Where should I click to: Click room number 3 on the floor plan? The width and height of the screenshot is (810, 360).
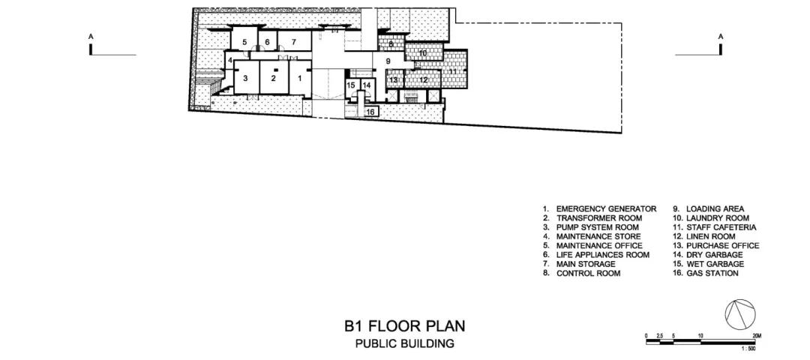click(246, 79)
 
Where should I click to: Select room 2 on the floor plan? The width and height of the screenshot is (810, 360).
click(274, 79)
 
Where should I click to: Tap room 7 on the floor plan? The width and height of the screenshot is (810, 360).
click(293, 41)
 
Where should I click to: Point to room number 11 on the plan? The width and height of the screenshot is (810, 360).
click(452, 70)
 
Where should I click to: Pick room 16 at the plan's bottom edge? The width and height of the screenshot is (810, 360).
click(370, 112)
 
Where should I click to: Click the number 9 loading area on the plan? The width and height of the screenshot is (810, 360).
click(388, 61)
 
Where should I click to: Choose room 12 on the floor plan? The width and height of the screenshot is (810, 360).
click(424, 79)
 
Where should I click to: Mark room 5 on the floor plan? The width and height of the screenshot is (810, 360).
click(244, 41)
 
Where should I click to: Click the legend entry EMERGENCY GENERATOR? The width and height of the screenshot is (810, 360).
click(606, 208)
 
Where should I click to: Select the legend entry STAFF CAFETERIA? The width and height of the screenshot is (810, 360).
click(721, 227)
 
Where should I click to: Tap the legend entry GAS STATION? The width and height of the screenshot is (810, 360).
click(712, 273)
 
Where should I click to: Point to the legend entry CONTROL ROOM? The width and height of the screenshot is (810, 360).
click(588, 273)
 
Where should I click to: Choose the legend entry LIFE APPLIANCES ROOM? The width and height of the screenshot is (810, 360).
click(603, 255)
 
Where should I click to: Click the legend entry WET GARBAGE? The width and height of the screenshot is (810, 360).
click(715, 264)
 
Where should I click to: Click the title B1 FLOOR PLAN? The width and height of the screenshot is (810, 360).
click(405, 326)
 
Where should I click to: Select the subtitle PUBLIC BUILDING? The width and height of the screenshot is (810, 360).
click(404, 343)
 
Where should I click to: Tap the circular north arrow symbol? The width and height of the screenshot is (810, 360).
click(740, 313)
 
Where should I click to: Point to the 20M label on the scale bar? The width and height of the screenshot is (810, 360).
click(757, 336)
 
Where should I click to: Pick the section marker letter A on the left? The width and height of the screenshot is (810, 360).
click(91, 37)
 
